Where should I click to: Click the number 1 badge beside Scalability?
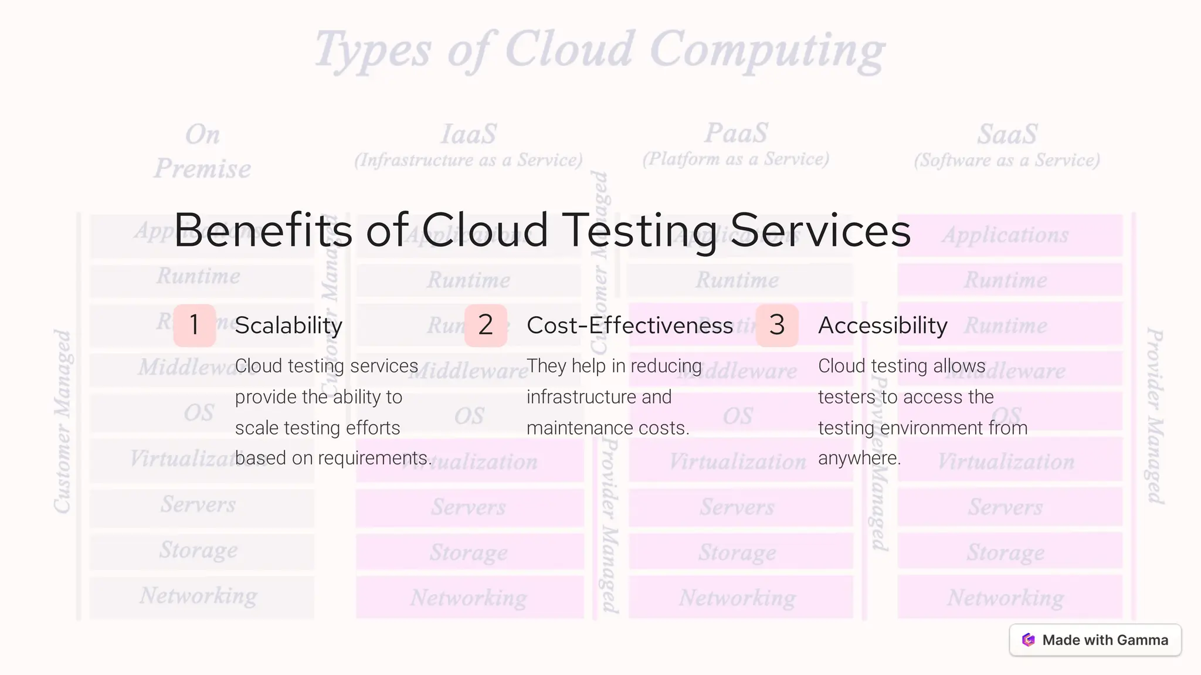click(x=195, y=325)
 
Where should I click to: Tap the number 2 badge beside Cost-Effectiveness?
click(x=486, y=325)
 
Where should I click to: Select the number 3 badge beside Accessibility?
click(x=777, y=325)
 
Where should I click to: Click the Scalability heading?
click(x=289, y=325)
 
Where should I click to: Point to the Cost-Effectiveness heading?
click(x=630, y=325)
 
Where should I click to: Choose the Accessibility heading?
click(x=883, y=325)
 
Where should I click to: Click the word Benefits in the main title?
click(x=263, y=230)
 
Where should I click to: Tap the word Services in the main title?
click(x=820, y=230)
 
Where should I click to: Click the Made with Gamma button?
click(x=1095, y=640)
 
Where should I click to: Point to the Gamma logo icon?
click(x=1028, y=640)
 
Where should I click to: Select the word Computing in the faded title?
click(x=767, y=50)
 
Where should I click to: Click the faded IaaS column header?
click(x=469, y=134)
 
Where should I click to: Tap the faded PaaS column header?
click(x=736, y=133)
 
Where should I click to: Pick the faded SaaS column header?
click(x=1007, y=134)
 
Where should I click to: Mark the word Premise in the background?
click(x=202, y=169)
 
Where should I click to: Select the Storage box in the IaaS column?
click(x=469, y=552)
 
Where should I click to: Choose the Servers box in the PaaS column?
click(x=738, y=507)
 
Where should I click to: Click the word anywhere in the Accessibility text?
click(x=859, y=458)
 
